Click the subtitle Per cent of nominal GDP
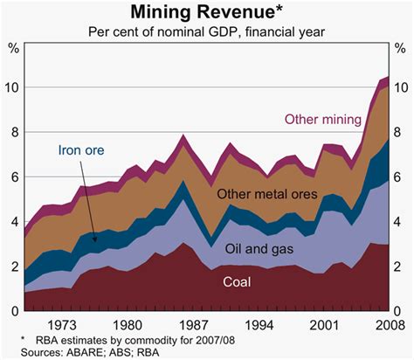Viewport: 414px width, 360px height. [x=206, y=32]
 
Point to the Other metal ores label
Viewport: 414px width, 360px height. [x=265, y=194]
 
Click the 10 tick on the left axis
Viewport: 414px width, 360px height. [x=10, y=88]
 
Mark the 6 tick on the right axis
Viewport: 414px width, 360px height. [x=402, y=177]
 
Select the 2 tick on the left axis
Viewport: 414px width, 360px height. [x=12, y=267]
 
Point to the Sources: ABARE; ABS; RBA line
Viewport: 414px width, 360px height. [x=76, y=351]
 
